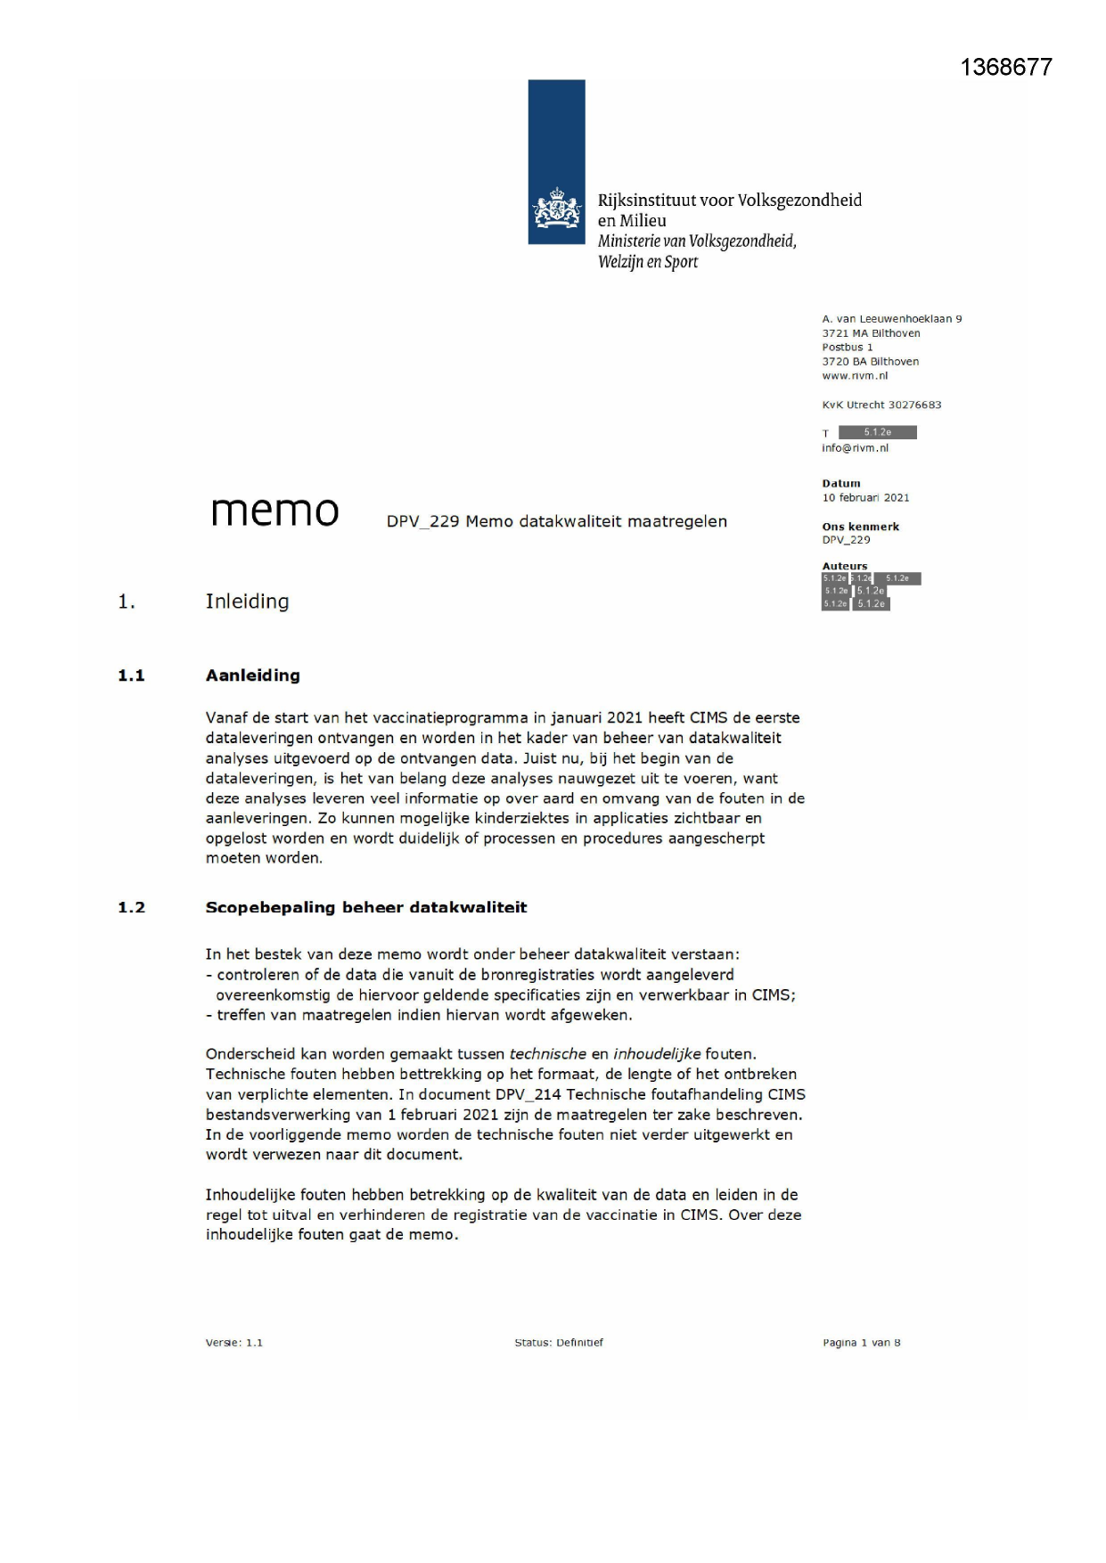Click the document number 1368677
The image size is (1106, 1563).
[x=1006, y=68]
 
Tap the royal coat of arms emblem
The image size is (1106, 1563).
[x=556, y=209]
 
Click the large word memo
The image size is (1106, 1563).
[x=274, y=511]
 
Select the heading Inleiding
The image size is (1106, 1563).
[x=247, y=601]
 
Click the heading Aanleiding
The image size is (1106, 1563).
[x=252, y=675]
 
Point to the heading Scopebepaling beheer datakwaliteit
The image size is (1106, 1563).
[x=365, y=907]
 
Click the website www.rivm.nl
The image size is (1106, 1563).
[x=854, y=376]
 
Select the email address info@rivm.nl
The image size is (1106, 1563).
[x=855, y=448]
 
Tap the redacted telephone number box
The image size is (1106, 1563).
[x=877, y=433]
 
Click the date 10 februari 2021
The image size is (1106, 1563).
[x=865, y=498]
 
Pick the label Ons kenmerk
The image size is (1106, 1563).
[x=860, y=527]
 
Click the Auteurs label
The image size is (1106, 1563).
[x=844, y=566]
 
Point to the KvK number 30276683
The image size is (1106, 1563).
[x=914, y=405]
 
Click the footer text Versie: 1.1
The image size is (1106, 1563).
[x=233, y=1343]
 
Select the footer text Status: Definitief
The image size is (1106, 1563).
[x=558, y=1343]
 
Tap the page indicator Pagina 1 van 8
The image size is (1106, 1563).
[x=861, y=1343]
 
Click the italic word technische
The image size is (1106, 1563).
[x=547, y=1054]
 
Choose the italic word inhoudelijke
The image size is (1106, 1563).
[x=657, y=1054]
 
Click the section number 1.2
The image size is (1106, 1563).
[x=131, y=907]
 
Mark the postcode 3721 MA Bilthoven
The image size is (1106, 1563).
[x=871, y=333]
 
